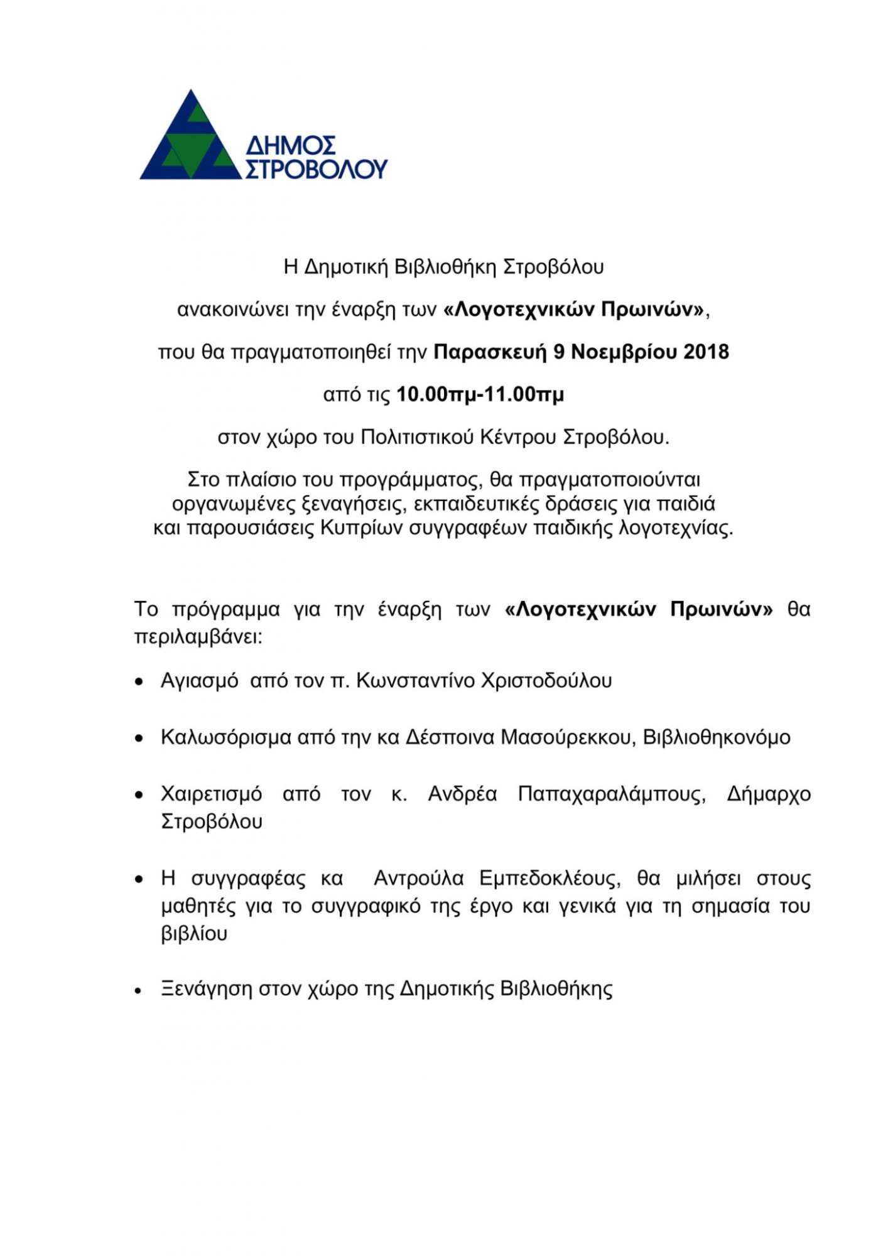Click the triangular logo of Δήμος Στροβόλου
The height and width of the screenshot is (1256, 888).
tap(190, 138)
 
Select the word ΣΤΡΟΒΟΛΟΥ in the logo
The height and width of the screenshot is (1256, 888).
tap(316, 169)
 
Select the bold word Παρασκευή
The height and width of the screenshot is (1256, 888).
tap(490, 352)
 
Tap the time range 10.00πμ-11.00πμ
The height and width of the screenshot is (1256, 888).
tap(480, 394)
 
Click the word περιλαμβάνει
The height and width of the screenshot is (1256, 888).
tap(198, 637)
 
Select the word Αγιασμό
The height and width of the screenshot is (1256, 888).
tap(200, 681)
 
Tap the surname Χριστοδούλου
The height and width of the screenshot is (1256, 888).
tap(546, 681)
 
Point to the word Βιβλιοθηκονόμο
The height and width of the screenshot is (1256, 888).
tap(717, 737)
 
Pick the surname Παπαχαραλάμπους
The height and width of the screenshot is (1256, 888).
tap(612, 794)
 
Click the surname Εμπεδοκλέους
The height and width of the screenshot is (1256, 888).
tap(550, 878)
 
